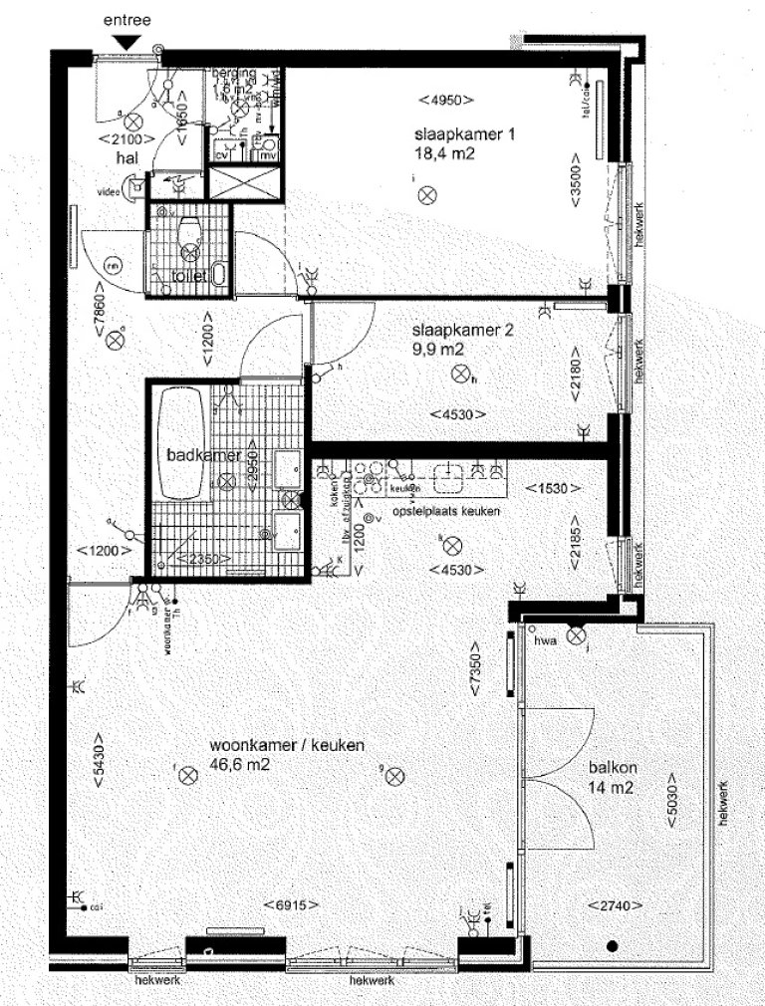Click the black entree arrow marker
(x=127, y=41)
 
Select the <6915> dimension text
(x=291, y=904)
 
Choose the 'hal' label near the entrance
(x=127, y=156)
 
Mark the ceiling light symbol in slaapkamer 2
(x=459, y=375)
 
